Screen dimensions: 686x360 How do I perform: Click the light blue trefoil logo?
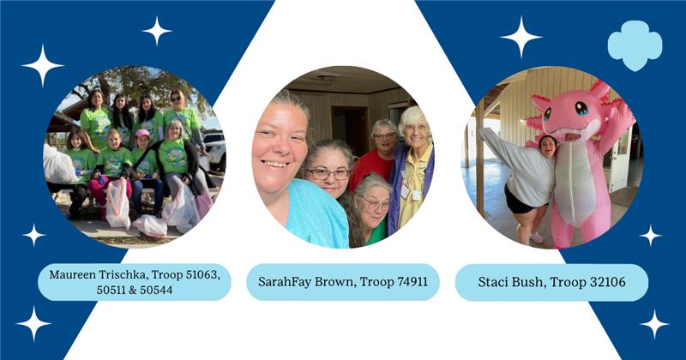(635, 45)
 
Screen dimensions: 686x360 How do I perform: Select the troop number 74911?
(412, 282)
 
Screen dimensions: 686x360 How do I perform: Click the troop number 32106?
(609, 282)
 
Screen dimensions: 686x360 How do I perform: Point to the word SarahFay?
(285, 282)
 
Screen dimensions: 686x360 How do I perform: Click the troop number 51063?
(202, 274)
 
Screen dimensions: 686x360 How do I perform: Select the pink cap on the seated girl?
(142, 133)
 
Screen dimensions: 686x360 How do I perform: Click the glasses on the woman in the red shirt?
(383, 136)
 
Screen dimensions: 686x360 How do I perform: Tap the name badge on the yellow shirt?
(406, 191)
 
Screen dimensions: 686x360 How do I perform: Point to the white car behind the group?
(215, 147)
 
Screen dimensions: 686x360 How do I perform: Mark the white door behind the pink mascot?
(620, 159)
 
